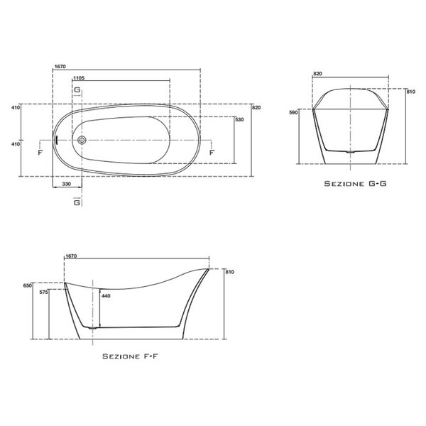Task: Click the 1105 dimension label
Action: [x=79, y=78]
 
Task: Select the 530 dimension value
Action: [x=240, y=119]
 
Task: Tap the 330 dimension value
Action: [x=67, y=184]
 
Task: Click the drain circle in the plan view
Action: [x=82, y=140]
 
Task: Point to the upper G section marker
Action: [x=77, y=89]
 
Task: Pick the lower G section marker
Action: [x=77, y=202]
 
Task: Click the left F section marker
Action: [x=40, y=153]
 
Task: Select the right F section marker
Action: [x=212, y=153]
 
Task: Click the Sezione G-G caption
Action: [x=356, y=184]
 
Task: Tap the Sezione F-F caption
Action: [x=130, y=356]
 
